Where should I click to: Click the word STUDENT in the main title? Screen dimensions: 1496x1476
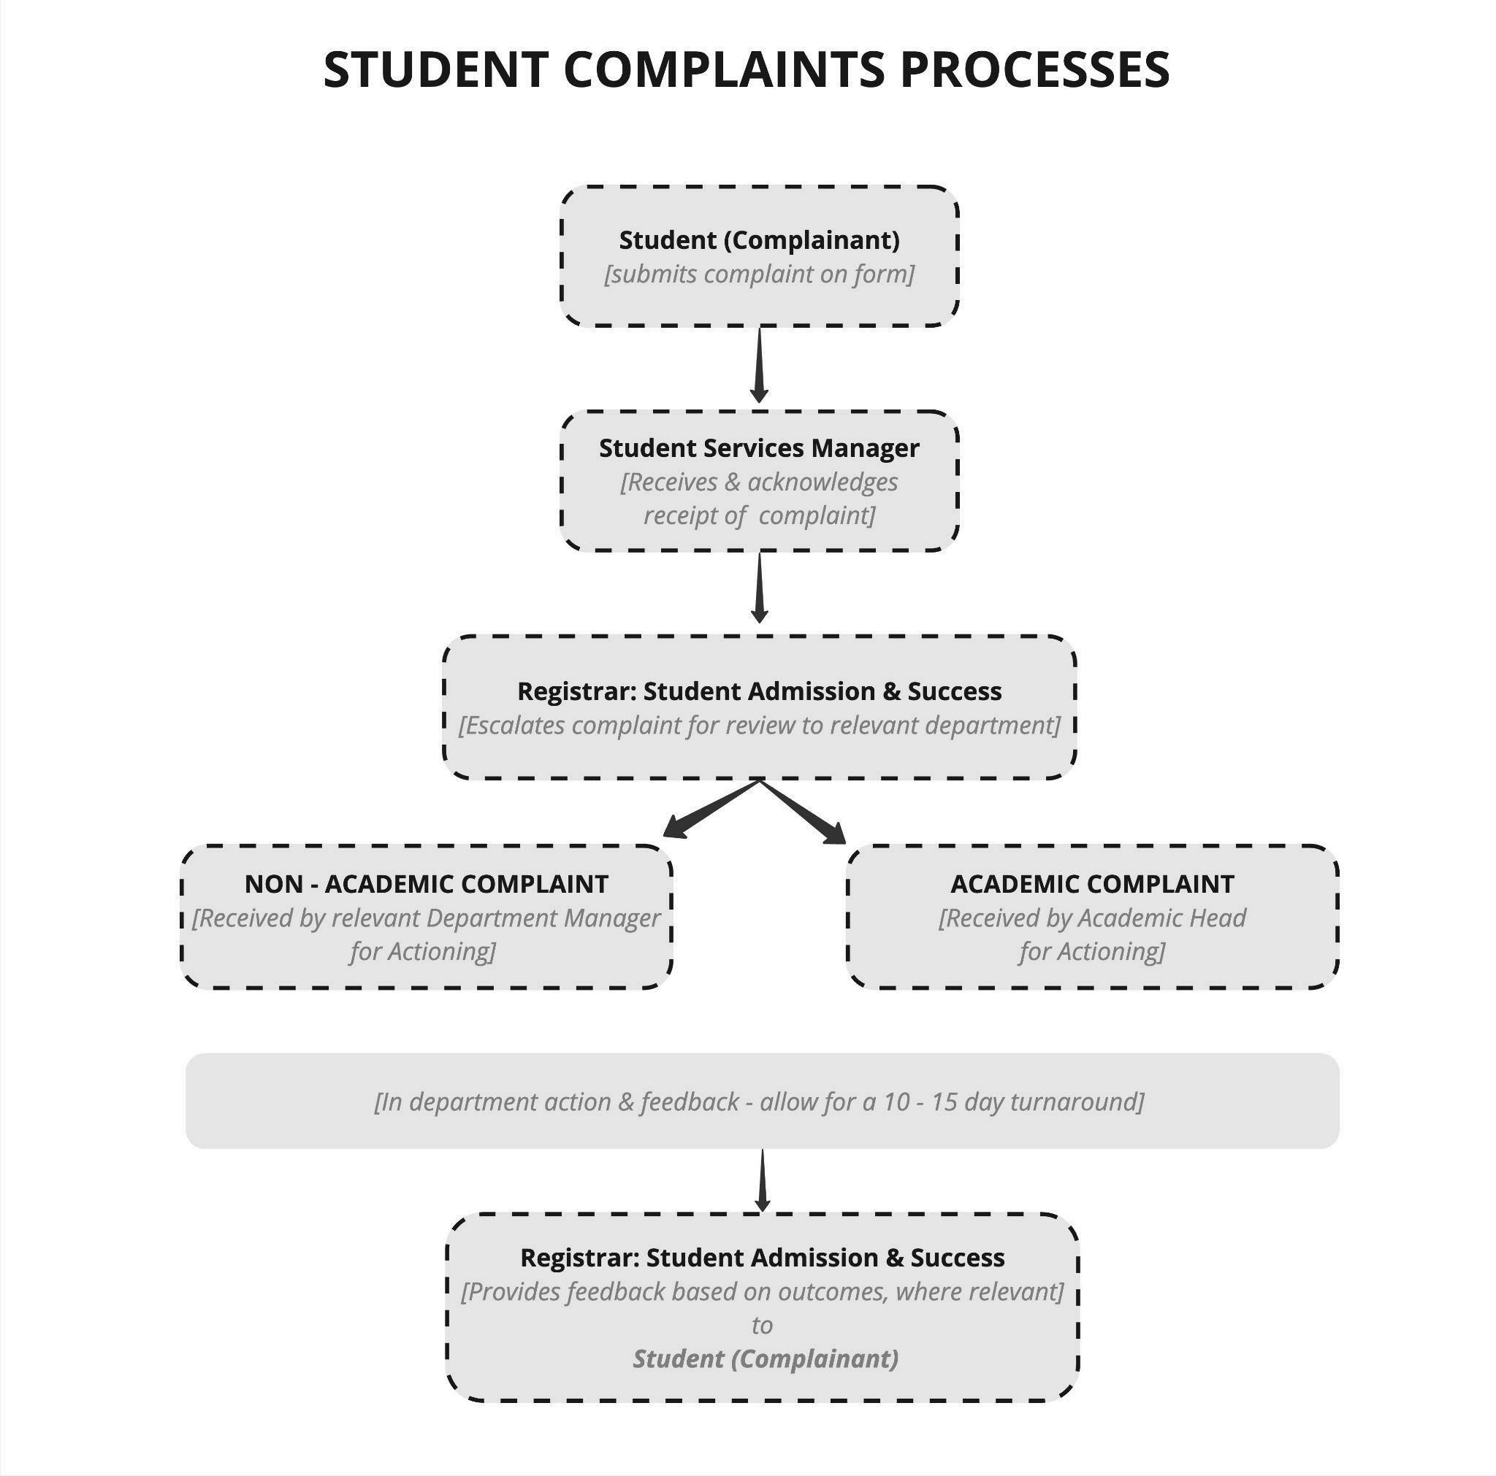coord(436,69)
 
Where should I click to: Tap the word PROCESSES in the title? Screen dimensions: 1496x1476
coord(1034,69)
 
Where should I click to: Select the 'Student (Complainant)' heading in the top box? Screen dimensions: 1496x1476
coord(759,240)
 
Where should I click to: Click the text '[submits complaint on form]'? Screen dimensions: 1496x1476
coord(759,274)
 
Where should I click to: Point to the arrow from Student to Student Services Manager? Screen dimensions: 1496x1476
coord(760,364)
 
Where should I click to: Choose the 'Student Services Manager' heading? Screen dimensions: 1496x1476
coord(759,448)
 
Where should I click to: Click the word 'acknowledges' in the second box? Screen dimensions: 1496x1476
coord(823,483)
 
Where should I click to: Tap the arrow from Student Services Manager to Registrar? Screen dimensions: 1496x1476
coord(760,587)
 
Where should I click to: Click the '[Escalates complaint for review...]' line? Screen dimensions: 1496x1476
coord(759,726)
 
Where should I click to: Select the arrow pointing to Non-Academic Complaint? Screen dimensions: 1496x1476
coord(711,809)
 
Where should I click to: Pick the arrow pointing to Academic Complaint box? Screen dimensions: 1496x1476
coord(803,811)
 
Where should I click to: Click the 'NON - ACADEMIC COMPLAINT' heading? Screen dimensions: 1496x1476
coord(427,884)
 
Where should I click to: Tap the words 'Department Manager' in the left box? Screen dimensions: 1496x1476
coord(543,918)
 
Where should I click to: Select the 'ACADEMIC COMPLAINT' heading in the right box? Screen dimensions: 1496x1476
coord(1093,884)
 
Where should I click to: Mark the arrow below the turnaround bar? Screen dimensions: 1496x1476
coord(763,1180)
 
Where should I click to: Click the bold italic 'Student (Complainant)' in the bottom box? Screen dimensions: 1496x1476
coord(766,1358)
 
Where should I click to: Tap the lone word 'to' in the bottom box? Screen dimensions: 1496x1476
coord(762,1325)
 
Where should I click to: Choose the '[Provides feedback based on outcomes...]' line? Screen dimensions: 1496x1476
coord(763,1292)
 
